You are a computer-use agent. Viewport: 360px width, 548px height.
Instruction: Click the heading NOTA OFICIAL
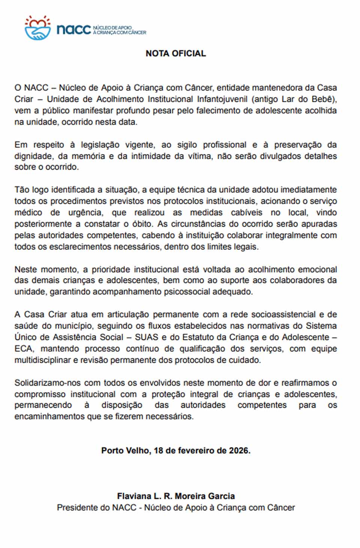tap(175, 54)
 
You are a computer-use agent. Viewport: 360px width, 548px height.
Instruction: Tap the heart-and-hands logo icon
tap(37, 28)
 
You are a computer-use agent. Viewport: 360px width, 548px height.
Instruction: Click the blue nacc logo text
tap(74, 30)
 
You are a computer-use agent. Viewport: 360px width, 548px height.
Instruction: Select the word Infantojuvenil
tap(222, 99)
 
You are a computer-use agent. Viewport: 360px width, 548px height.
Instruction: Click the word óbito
tap(142, 224)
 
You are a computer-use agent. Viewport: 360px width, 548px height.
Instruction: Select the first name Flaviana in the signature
tap(133, 496)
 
